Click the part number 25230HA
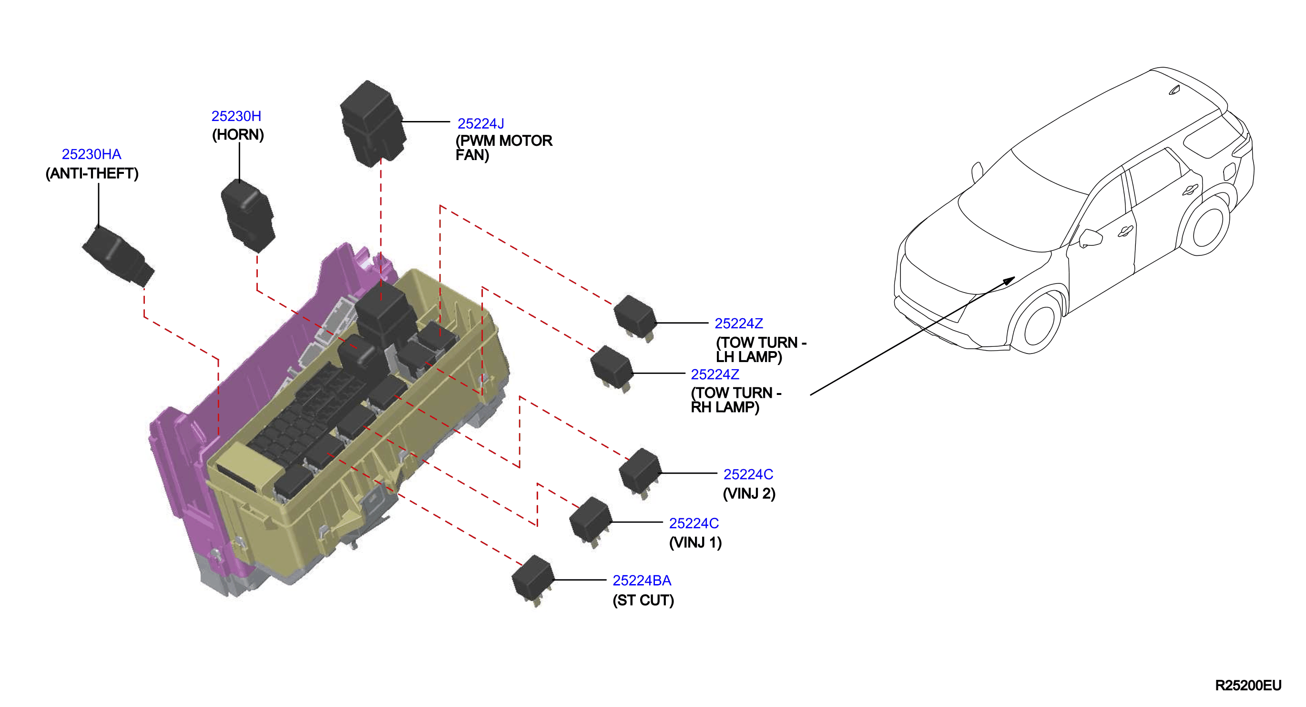click(x=91, y=154)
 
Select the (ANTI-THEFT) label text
click(x=92, y=173)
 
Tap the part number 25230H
click(x=236, y=116)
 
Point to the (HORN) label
click(x=238, y=135)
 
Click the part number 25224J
click(x=480, y=124)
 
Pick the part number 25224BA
click(x=642, y=580)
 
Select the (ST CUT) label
click(x=643, y=600)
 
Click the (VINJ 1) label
click(x=695, y=542)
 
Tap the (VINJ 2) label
click(x=749, y=494)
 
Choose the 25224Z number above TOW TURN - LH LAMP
click(x=739, y=323)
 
